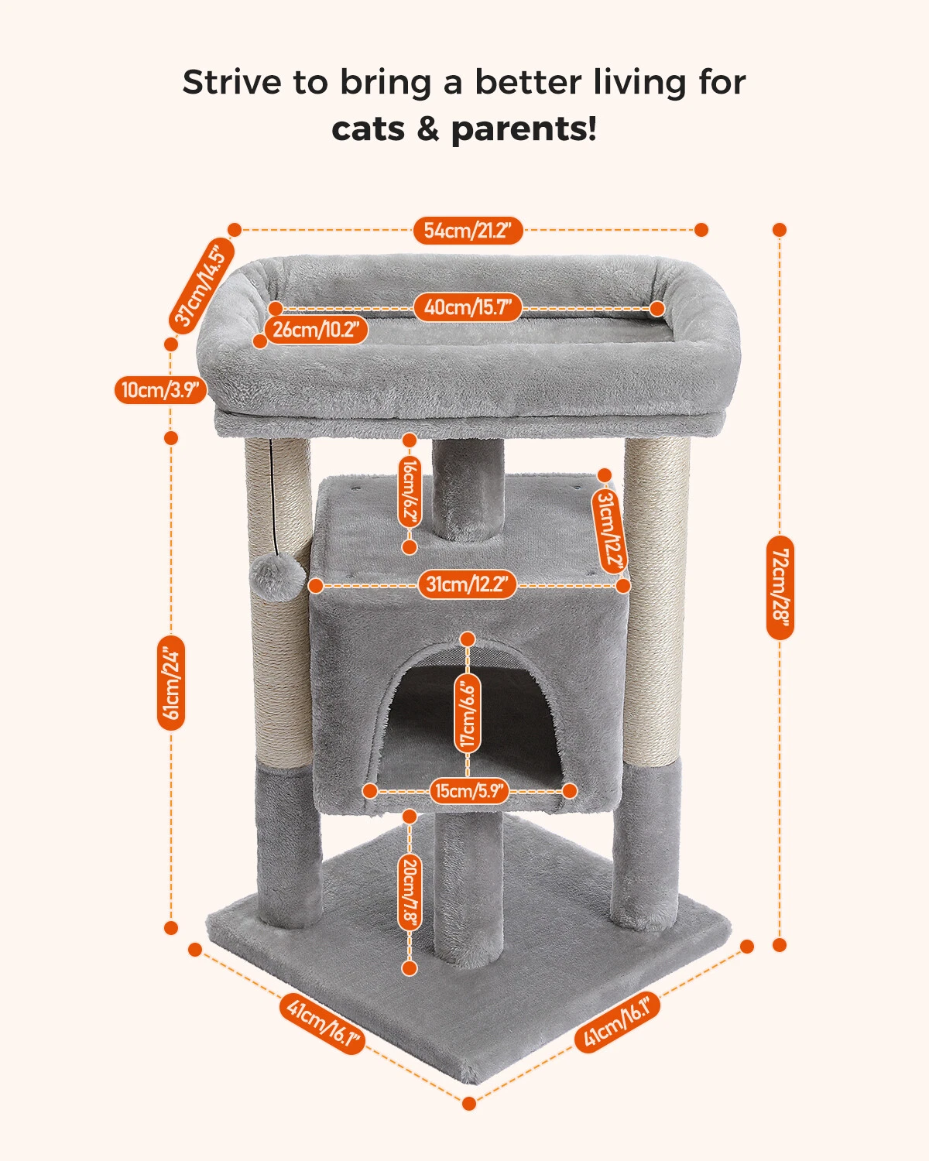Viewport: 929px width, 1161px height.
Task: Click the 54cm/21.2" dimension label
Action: (468, 231)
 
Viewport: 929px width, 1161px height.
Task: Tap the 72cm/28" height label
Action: (780, 587)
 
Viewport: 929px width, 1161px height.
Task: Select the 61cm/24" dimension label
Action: (171, 683)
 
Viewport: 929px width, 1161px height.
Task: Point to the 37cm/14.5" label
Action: (202, 286)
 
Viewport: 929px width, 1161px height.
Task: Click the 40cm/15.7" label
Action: (468, 308)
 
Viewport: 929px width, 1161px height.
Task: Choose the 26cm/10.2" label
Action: (316, 330)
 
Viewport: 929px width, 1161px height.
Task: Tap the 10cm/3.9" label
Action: (160, 389)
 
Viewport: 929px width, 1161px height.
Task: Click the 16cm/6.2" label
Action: (410, 492)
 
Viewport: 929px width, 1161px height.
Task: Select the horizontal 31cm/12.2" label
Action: (468, 585)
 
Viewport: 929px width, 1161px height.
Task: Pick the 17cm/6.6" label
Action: (468, 713)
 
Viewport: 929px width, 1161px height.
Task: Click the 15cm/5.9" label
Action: (469, 792)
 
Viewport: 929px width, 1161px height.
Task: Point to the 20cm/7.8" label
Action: (410, 894)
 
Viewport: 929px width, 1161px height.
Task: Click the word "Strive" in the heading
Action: (232, 83)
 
